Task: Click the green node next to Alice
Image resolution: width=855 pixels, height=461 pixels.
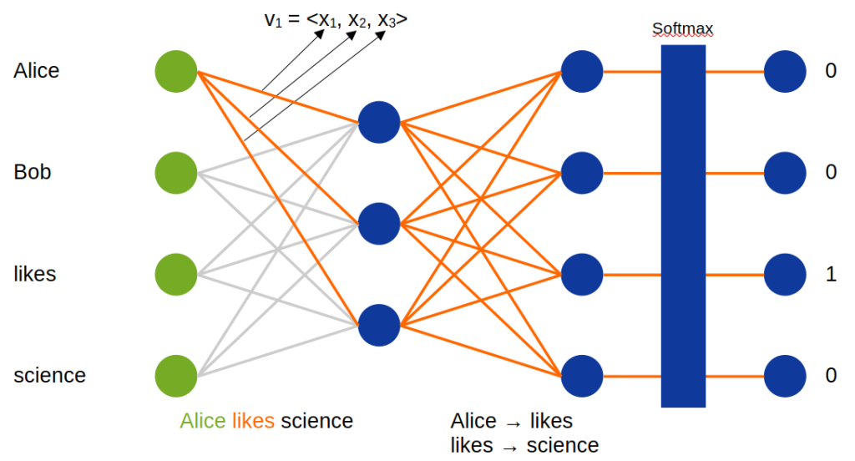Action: (x=176, y=72)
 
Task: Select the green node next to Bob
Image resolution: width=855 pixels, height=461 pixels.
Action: (x=176, y=174)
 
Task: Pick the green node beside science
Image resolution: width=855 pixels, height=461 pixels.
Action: (x=176, y=376)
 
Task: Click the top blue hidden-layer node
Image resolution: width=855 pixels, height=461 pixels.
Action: (x=379, y=123)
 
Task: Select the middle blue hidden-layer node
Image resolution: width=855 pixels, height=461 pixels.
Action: (x=379, y=224)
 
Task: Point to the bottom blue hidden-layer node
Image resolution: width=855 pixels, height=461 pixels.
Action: (x=379, y=325)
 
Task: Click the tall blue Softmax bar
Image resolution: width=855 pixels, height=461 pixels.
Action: (x=683, y=225)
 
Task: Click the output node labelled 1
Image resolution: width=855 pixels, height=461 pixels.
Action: (x=786, y=275)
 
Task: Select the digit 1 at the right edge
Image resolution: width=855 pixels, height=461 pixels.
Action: (x=830, y=275)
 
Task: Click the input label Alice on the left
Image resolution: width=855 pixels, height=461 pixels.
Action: (x=37, y=72)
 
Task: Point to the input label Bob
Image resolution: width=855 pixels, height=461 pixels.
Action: (x=33, y=173)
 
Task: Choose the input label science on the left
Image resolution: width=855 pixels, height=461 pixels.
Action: (x=49, y=376)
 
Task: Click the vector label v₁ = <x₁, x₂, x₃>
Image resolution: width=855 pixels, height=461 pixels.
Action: (x=336, y=19)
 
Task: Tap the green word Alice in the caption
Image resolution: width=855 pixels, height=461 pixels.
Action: (x=203, y=421)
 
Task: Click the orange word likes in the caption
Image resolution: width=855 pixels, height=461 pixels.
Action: (x=253, y=421)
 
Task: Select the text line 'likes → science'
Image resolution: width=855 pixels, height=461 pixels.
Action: (x=524, y=445)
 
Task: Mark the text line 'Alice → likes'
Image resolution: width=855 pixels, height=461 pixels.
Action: (x=511, y=420)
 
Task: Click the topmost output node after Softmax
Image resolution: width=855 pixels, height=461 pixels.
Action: (x=786, y=72)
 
